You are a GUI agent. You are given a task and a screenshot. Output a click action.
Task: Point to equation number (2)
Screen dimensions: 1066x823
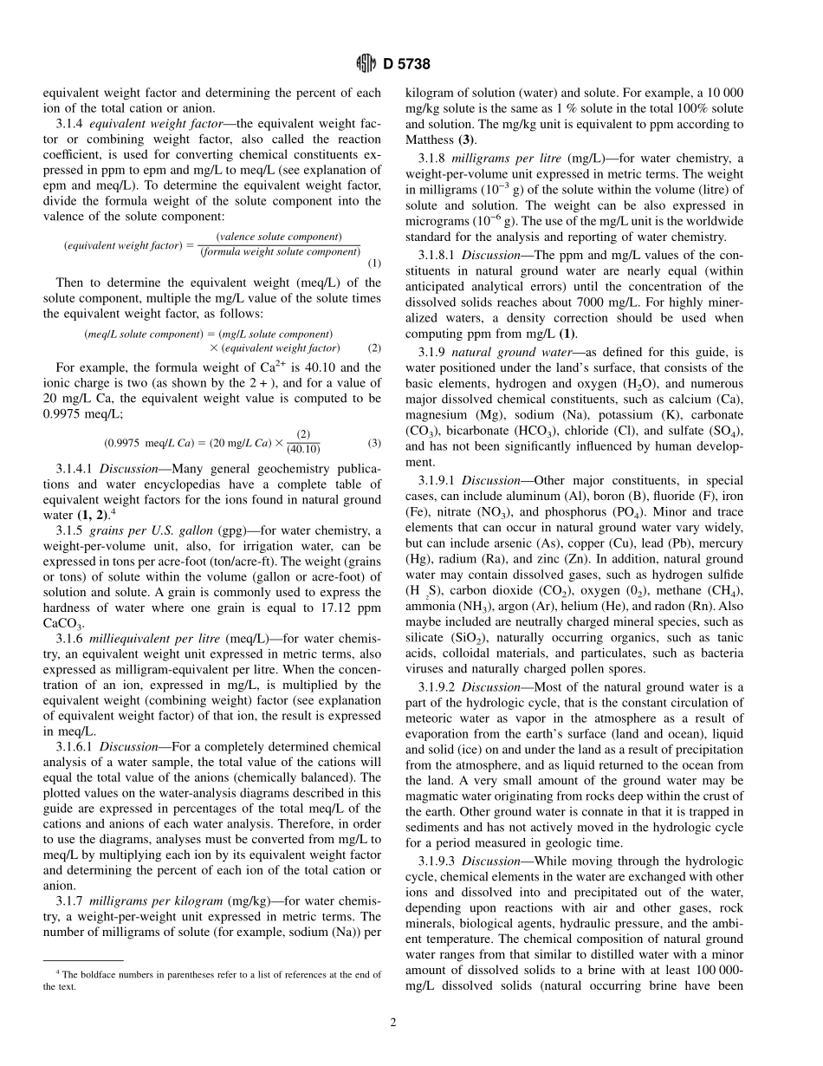coord(373,348)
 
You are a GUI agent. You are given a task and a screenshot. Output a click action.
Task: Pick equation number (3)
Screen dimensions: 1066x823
coord(373,443)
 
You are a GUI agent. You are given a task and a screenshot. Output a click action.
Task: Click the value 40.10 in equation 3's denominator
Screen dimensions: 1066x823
coord(303,450)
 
